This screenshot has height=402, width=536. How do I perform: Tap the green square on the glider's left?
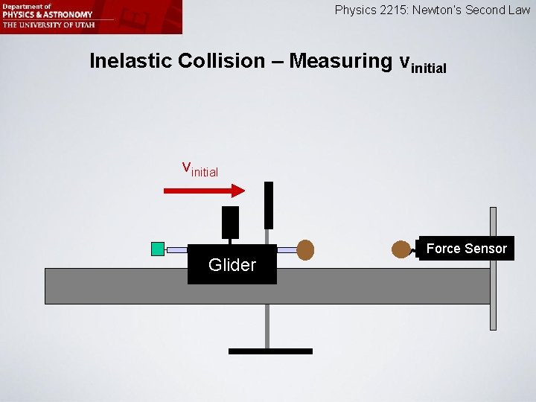(157, 249)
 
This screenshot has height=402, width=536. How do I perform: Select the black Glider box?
(232, 264)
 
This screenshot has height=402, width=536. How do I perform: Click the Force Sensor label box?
(466, 249)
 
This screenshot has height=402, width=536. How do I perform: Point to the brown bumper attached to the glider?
(305, 249)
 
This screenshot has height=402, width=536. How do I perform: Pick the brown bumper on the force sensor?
(402, 249)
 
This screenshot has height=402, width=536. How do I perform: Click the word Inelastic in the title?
(130, 61)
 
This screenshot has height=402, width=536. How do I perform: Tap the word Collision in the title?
(221, 61)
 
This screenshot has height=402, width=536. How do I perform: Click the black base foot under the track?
(270, 351)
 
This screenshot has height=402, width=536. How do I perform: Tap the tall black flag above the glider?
(269, 205)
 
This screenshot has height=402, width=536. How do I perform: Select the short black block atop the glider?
(231, 222)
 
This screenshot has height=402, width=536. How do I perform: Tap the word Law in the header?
(519, 10)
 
